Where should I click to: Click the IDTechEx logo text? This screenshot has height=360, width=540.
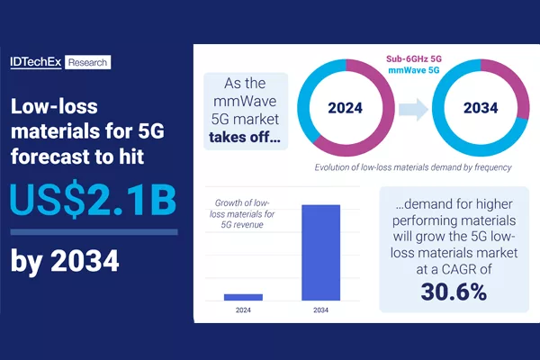[x=36, y=62]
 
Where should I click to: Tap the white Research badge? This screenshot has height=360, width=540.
[x=88, y=62]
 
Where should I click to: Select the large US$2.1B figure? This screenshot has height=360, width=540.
[x=93, y=201]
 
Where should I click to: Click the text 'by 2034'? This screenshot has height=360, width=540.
[x=65, y=261]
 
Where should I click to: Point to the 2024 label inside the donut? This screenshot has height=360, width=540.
[x=345, y=108]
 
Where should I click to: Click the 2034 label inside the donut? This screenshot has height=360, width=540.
[x=481, y=108]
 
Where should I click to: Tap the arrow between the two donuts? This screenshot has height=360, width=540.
[x=413, y=110]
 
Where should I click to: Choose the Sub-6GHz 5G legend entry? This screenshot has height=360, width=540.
[x=414, y=58]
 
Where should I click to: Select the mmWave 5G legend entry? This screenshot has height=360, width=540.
[x=414, y=70]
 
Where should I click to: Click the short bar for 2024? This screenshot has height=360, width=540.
[x=244, y=297]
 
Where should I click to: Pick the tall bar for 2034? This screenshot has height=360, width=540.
[x=321, y=253]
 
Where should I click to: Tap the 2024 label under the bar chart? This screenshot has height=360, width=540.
[x=243, y=310]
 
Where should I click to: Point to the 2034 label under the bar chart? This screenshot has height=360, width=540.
[x=320, y=310]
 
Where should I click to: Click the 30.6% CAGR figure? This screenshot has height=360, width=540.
[x=454, y=292]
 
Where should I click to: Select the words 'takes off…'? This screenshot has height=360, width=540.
[x=245, y=137]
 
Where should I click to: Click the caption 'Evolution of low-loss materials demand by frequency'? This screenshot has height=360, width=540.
[x=413, y=167]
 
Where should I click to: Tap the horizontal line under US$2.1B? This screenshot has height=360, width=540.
[x=94, y=232]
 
